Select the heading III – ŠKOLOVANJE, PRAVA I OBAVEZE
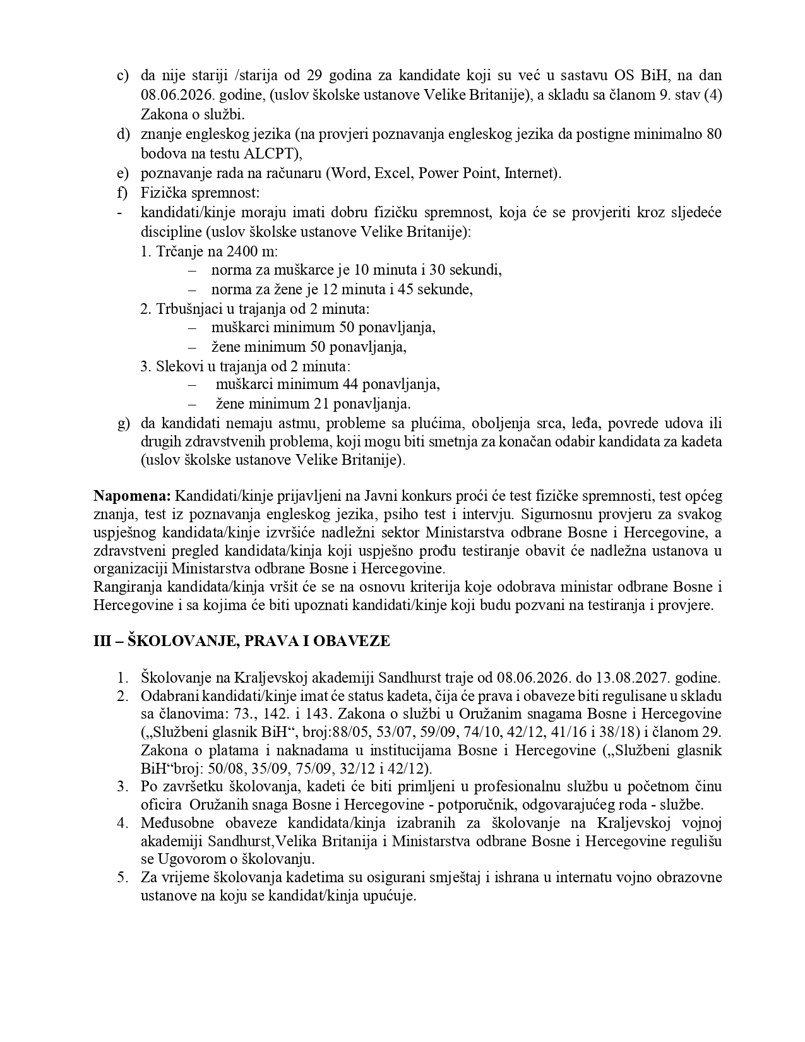click(x=242, y=641)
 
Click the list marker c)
click(x=123, y=76)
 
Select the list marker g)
click(x=123, y=422)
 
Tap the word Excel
click(x=393, y=173)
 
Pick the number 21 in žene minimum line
click(x=321, y=404)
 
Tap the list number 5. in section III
click(x=122, y=878)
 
